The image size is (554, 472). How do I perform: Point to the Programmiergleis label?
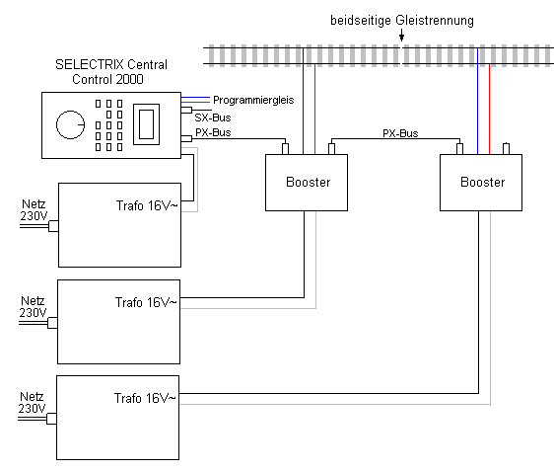pyautogui.click(x=253, y=100)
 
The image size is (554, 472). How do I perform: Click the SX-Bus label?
pyautogui.click(x=213, y=118)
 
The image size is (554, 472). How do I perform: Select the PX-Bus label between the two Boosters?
pyautogui.click(x=400, y=133)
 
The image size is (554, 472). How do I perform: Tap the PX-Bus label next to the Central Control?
pyautogui.click(x=213, y=132)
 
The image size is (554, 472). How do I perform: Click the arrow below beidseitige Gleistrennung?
pyautogui.click(x=401, y=35)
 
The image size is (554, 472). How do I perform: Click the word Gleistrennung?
pyautogui.click(x=435, y=20)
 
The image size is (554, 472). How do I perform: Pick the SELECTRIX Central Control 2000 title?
pyautogui.click(x=111, y=72)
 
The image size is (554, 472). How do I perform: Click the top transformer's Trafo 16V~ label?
pyautogui.click(x=147, y=205)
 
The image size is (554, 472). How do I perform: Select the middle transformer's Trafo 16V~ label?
pyautogui.click(x=146, y=302)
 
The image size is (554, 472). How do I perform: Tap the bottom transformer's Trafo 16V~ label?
pyautogui.click(x=145, y=398)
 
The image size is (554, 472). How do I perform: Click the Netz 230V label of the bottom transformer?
pyautogui.click(x=32, y=403)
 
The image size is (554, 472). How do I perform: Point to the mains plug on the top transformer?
pyautogui.click(x=53, y=226)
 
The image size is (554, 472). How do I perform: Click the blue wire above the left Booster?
pyautogui.click(x=303, y=101)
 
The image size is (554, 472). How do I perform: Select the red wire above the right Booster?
pyautogui.click(x=489, y=109)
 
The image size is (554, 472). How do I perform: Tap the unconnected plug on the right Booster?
pyautogui.click(x=506, y=148)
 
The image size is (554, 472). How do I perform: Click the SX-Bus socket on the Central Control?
pyautogui.click(x=186, y=110)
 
